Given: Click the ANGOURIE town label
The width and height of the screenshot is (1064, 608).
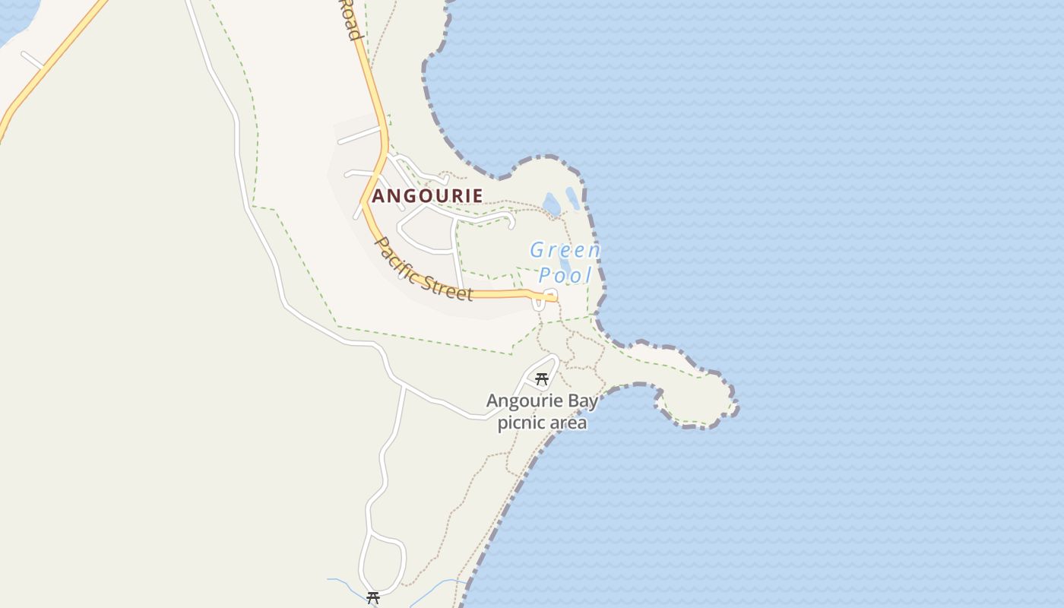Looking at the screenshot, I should point(427,196).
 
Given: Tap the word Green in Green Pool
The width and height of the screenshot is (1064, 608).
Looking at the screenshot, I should point(565,250).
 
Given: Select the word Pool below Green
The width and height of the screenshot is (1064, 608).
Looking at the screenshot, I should point(565,274).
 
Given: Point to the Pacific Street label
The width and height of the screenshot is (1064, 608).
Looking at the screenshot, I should point(424,270).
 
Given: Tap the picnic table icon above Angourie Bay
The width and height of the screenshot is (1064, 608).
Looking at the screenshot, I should point(542,378).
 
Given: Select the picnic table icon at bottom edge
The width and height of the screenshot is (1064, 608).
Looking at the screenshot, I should point(373,598).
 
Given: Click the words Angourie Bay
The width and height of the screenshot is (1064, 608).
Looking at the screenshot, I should point(542,401).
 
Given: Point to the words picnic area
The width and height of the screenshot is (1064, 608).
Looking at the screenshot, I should point(542,423).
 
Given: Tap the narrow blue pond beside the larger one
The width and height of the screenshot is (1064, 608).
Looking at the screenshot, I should point(572,198).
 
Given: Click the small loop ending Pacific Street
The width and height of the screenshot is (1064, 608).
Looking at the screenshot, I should point(549,296).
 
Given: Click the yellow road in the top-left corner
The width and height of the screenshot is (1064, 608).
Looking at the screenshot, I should point(46,68).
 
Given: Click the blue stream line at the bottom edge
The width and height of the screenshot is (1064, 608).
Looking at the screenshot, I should point(441,585).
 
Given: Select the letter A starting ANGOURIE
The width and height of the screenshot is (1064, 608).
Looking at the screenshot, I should point(378,196).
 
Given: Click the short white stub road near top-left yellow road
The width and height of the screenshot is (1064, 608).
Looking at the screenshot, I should point(32,59).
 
